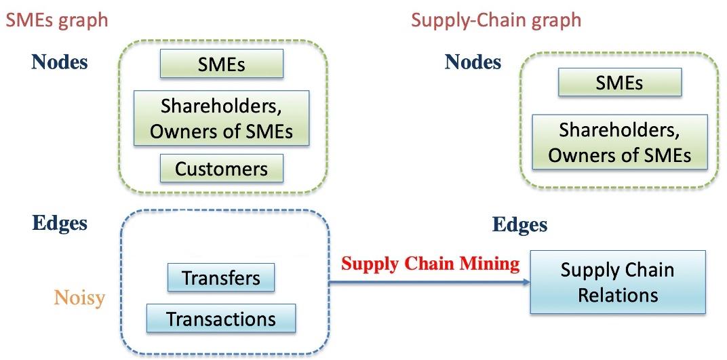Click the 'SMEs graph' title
pos(56,20)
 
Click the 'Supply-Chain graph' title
pos(496,20)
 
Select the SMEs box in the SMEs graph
pos(221,64)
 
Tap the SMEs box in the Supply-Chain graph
pos(619,83)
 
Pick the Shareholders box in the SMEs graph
pos(221,118)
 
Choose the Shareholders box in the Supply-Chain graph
pos(619,142)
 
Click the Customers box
pos(221,168)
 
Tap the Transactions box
pos(221,319)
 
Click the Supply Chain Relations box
pos(617,282)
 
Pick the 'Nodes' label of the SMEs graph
pos(60,62)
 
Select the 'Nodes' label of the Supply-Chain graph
pos(473,63)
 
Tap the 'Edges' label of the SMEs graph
pos(60,224)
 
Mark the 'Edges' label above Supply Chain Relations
pos(519,224)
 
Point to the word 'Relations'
pos(617,295)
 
